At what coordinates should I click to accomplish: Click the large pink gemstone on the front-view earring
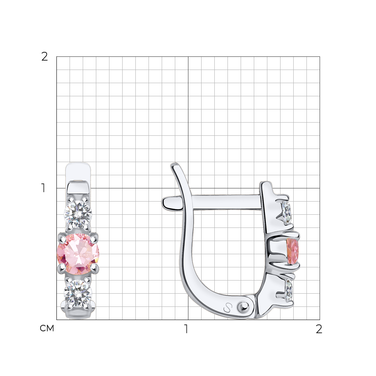pyautogui.click(x=78, y=253)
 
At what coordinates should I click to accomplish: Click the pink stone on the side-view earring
pyautogui.click(x=293, y=251)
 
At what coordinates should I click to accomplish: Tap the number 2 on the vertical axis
pyautogui.click(x=44, y=57)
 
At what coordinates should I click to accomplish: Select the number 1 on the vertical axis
pyautogui.click(x=43, y=188)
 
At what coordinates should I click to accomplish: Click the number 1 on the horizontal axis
pyautogui.click(x=186, y=329)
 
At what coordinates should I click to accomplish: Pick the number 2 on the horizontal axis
pyautogui.click(x=319, y=329)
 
